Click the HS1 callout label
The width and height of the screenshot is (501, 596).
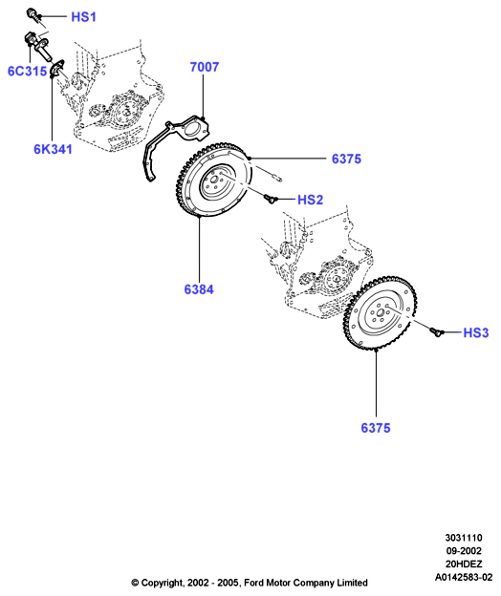(x=84, y=17)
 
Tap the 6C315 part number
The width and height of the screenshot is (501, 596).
(x=28, y=71)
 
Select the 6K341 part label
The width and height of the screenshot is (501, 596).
(x=53, y=149)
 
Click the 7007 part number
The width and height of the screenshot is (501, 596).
(x=205, y=67)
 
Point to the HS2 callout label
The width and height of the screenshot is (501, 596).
(x=310, y=200)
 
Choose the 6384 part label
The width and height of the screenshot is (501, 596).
(x=199, y=289)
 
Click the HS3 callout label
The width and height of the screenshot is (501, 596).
(x=476, y=333)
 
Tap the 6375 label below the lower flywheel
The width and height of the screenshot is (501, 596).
(x=376, y=428)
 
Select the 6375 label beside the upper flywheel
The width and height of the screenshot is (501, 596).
(x=346, y=159)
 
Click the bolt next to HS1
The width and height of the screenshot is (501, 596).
(x=33, y=14)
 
